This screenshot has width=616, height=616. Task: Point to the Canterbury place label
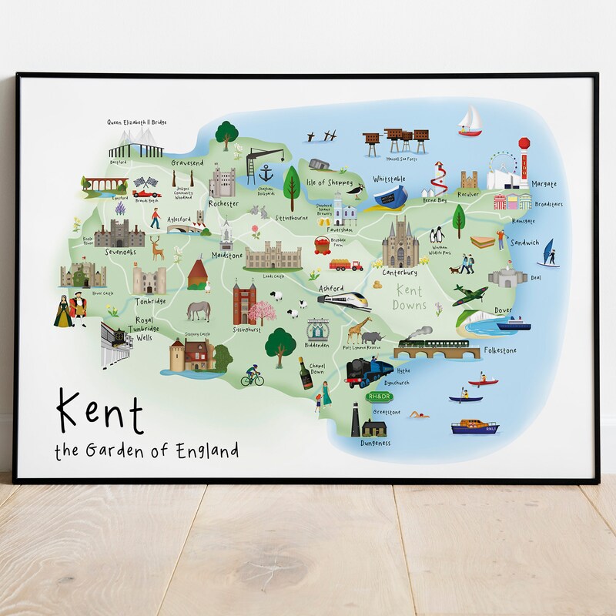point(400,272)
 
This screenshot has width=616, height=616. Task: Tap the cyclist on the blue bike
point(251,377)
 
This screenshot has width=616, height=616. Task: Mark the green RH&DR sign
point(380,397)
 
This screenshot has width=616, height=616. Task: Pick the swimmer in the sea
point(420,416)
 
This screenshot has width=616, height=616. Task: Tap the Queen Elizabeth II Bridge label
point(136,122)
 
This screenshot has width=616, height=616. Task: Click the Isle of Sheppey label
point(330,182)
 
